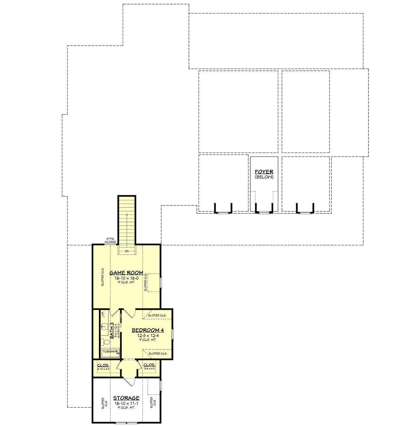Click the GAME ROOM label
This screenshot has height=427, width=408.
126,273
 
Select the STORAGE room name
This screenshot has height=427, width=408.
126,398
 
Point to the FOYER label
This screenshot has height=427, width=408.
264,172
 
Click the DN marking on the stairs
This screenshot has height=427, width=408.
127,251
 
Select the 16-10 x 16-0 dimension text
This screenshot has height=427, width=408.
126,278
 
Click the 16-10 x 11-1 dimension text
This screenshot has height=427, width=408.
126,403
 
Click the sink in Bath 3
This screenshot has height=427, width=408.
104,327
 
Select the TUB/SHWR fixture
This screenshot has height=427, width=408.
110,352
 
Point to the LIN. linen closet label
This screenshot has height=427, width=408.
103,314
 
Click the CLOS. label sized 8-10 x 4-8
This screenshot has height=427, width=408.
103,365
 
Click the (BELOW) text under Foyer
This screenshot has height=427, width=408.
264,177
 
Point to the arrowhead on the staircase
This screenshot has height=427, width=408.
127,215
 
